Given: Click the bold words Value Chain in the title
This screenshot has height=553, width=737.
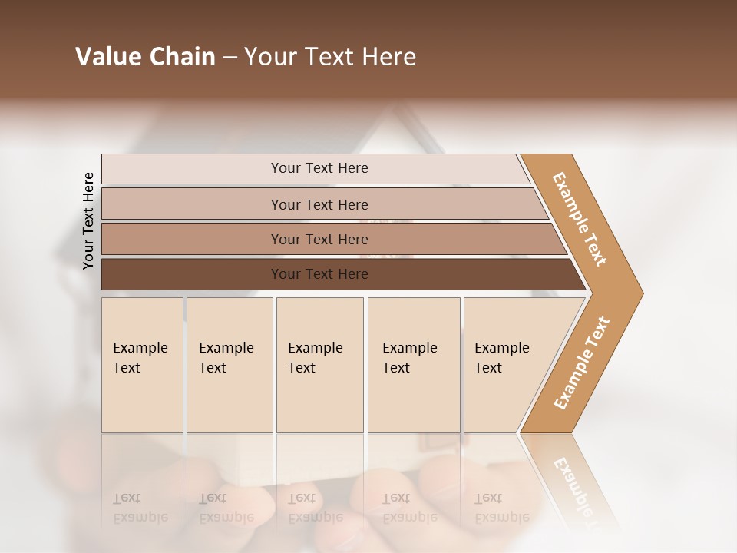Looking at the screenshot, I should (x=145, y=57).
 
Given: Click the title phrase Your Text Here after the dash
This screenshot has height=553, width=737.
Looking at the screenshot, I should (x=330, y=57).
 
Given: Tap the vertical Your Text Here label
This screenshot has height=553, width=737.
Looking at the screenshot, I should (x=88, y=220).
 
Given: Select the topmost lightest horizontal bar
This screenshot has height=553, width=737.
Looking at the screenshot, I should (x=192, y=169).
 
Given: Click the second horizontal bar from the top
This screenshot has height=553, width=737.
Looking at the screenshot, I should (x=192, y=204).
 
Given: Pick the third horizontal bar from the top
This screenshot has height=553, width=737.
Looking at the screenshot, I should (x=192, y=239).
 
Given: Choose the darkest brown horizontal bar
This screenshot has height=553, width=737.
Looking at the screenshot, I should (x=192, y=274).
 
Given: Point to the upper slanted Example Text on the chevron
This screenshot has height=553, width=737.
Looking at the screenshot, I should (x=580, y=219).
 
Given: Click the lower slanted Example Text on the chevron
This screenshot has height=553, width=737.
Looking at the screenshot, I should (x=582, y=363).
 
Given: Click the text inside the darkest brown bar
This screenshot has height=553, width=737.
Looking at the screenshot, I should (x=319, y=274).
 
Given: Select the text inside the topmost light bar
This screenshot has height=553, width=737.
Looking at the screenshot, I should (x=319, y=168).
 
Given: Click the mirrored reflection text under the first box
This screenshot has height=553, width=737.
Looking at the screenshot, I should (x=140, y=508).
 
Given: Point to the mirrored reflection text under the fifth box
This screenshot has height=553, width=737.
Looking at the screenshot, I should (x=501, y=508).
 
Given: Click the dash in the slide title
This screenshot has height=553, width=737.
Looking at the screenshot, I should (x=230, y=58).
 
